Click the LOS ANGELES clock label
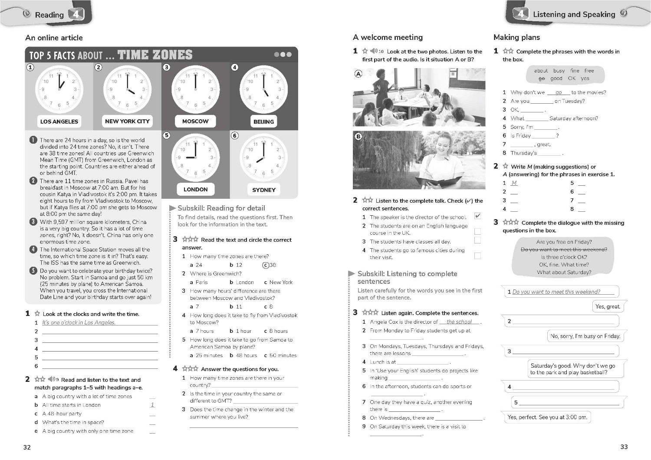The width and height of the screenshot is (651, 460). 59,122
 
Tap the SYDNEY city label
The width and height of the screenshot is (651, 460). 264,190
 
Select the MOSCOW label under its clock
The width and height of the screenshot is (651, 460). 195,121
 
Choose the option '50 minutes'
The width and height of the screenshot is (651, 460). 280,355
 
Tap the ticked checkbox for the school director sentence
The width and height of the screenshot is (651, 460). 477,216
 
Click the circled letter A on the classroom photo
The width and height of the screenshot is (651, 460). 358,74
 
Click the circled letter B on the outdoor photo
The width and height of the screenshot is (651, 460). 358,136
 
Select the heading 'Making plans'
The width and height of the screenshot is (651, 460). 516,37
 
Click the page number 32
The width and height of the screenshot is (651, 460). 27,447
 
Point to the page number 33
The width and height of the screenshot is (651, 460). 624,447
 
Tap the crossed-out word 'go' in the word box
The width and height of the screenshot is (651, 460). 541,79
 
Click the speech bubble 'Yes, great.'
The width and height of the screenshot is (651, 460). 608,306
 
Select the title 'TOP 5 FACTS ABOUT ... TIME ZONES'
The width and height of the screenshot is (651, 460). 111,55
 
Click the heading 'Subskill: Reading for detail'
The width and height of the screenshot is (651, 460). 221,208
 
